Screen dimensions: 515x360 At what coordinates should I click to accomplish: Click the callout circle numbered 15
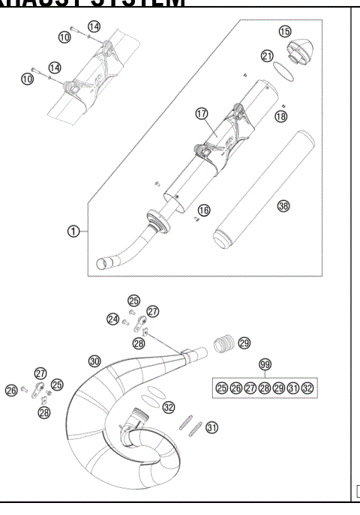tap(284, 31)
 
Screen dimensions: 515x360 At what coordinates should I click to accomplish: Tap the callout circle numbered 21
tap(267, 56)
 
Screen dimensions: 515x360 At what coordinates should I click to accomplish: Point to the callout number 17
tap(201, 113)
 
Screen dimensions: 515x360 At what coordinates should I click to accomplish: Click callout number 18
tap(280, 116)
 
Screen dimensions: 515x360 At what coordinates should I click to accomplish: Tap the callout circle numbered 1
tap(73, 231)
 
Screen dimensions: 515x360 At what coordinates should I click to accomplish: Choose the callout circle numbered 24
tap(112, 319)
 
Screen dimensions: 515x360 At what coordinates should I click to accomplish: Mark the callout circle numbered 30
tap(94, 361)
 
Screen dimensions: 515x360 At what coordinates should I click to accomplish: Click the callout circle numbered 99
tap(264, 364)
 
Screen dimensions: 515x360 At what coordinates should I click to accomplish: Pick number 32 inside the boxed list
tap(307, 388)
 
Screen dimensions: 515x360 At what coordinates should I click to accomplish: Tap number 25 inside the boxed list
tap(221, 388)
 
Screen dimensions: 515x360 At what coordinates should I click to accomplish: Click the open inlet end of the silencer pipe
tap(104, 262)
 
